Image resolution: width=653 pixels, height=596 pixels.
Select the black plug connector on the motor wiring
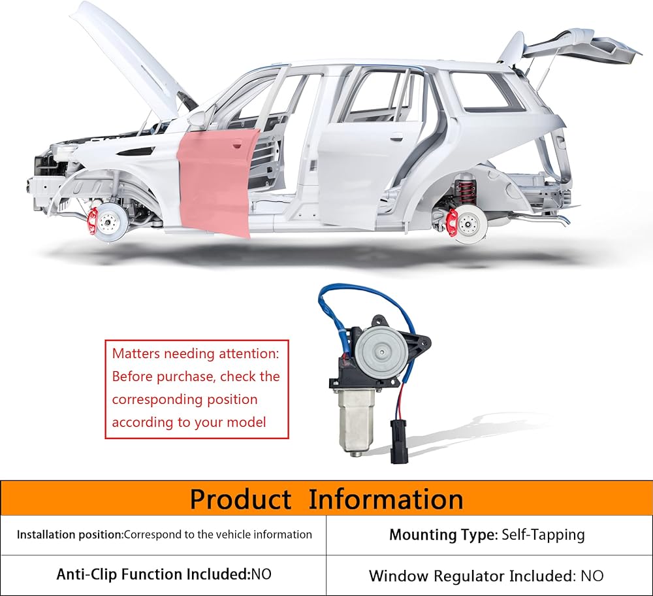click(x=396, y=440)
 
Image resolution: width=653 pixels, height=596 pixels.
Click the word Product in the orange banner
click(x=240, y=500)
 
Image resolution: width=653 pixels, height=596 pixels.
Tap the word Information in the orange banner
click(x=386, y=500)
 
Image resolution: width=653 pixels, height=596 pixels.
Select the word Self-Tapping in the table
click(x=543, y=535)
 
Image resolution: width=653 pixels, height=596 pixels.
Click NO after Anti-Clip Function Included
click(x=261, y=574)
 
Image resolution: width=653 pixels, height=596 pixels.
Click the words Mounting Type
click(x=443, y=535)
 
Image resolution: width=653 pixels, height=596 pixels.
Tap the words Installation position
click(x=69, y=535)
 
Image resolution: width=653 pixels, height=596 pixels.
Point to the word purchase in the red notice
click(x=186, y=376)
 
